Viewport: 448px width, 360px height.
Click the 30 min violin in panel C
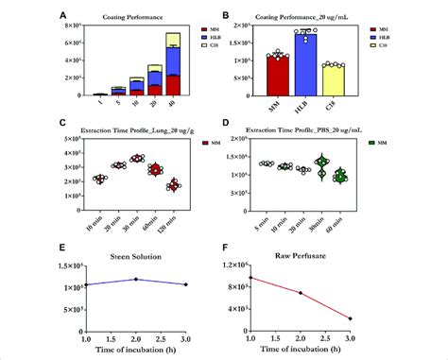click(136, 159)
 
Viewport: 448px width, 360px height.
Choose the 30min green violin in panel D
click(320, 168)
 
